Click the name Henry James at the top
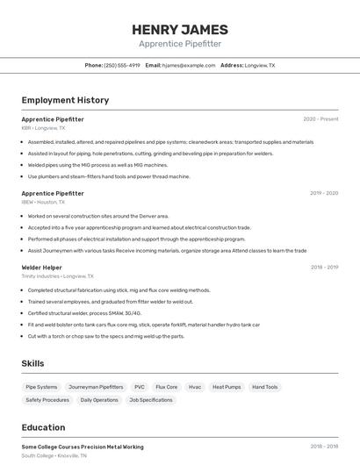pyautogui.click(x=180, y=30)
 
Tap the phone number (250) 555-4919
pyautogui.click(x=122, y=65)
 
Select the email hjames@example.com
pyautogui.click(x=187, y=65)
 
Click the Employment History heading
pyautogui.click(x=65, y=100)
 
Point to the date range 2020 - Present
pyautogui.click(x=320, y=118)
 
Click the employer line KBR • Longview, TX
pyautogui.click(x=43, y=127)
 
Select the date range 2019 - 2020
pyautogui.click(x=324, y=193)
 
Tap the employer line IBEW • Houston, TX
pyautogui.click(x=44, y=202)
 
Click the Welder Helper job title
pyautogui.click(x=41, y=267)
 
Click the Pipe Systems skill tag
pyautogui.click(x=41, y=387)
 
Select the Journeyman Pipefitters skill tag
pyautogui.click(x=96, y=387)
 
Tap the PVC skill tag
pyautogui.click(x=140, y=387)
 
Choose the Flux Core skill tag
pyautogui.click(x=166, y=387)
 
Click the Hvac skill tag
pyautogui.click(x=195, y=387)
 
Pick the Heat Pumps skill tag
pyautogui.click(x=226, y=387)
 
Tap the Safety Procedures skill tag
pyautogui.click(x=47, y=400)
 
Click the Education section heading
pyautogui.click(x=43, y=427)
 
